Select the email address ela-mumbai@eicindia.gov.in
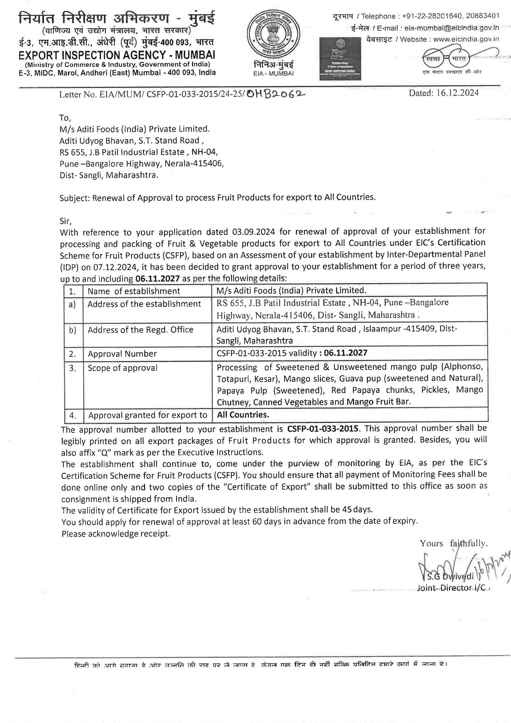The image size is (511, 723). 451,28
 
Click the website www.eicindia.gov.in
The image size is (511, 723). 466,39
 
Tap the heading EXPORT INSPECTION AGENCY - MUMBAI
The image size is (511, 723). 117,55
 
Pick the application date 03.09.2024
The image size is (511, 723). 254,232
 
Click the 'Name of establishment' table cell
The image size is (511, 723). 134,291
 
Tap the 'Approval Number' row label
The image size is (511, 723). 122,354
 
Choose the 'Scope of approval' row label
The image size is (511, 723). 123,368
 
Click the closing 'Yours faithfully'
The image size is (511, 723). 453,543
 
